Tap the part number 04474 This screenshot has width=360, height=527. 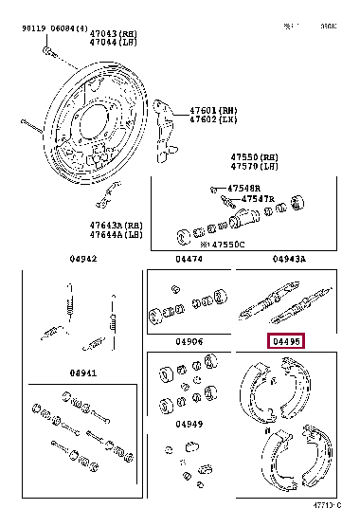189,259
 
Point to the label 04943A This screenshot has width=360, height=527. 289,259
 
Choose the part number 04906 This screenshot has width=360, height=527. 189,342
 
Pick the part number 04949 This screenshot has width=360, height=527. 189,424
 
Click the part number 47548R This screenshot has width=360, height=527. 243,189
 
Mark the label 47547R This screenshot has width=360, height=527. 257,199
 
